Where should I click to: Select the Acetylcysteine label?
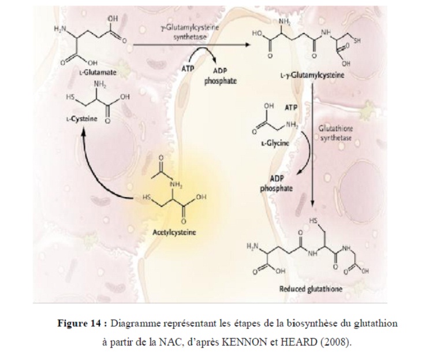coord(175,233)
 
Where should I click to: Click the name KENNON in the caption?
coord(288,342)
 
